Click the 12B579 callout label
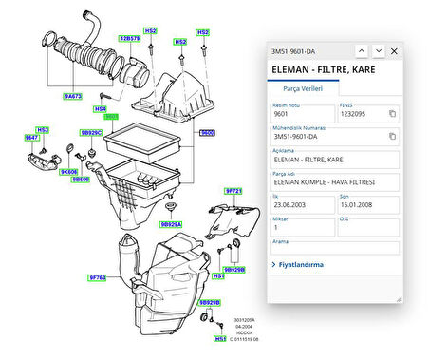(130, 39)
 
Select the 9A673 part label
(72, 96)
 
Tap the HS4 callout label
(100, 108)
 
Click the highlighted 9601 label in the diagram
(111, 117)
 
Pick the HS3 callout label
(42, 129)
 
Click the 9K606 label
(68, 171)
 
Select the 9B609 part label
(82, 179)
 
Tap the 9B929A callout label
(171, 224)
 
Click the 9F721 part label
(233, 191)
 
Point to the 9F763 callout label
(99, 277)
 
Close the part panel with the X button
(394, 50)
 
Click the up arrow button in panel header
(362, 50)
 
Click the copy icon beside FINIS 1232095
(392, 113)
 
